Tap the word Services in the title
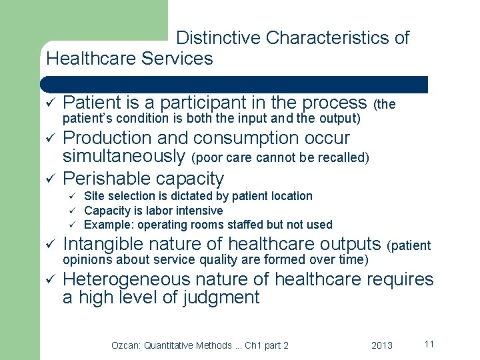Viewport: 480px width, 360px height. point(177,59)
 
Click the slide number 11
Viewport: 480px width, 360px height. point(429,344)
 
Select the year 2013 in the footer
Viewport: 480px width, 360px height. point(381,345)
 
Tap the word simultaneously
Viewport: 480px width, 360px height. point(123,156)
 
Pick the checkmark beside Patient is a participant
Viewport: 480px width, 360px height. point(49,103)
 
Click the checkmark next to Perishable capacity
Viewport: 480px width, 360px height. point(49,179)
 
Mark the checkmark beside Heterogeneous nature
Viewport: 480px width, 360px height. point(49,279)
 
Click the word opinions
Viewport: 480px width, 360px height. point(85,259)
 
